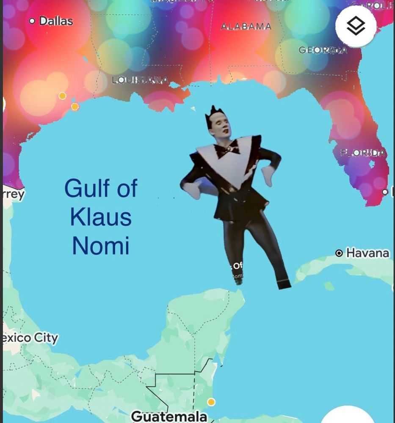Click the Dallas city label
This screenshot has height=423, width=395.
pyautogui.click(x=56, y=21)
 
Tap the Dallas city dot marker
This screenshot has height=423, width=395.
pyautogui.click(x=32, y=21)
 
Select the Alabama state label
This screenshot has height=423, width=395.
pyautogui.click(x=246, y=26)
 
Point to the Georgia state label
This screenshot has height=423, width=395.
pyautogui.click(x=323, y=50)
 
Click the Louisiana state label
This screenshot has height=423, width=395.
pyautogui.click(x=140, y=80)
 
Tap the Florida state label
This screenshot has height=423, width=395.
pyautogui.click(x=363, y=153)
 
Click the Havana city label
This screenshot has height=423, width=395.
pyautogui.click(x=367, y=253)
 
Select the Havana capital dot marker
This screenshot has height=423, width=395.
pyautogui.click(x=339, y=253)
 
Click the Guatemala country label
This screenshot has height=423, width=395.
pyautogui.click(x=169, y=416)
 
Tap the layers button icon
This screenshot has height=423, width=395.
pyautogui.click(x=356, y=26)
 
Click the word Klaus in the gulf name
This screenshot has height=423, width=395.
pyautogui.click(x=101, y=217)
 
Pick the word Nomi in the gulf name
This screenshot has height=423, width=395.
pyautogui.click(x=101, y=245)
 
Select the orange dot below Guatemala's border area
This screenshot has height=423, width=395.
pyautogui.click(x=211, y=401)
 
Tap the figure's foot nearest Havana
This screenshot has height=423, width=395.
pyautogui.click(x=284, y=283)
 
